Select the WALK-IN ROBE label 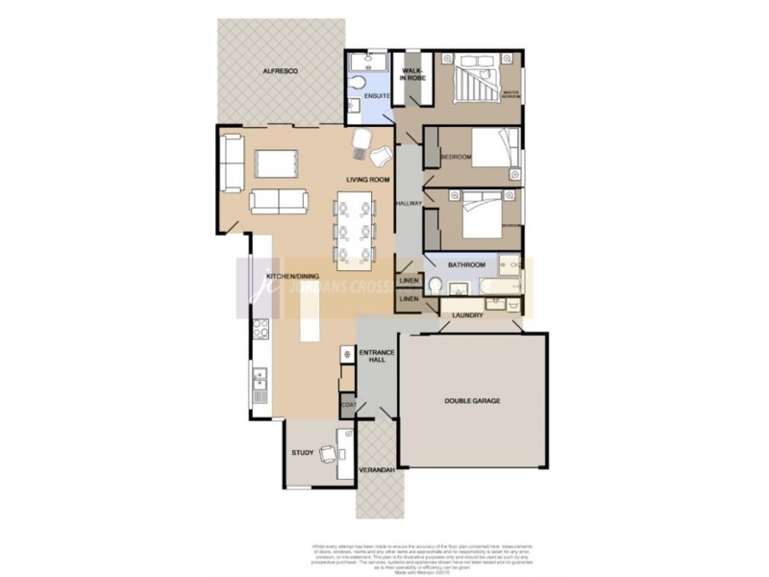click(412, 74)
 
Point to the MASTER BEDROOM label click(510, 94)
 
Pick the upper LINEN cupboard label click(409, 282)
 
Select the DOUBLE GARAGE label click(472, 400)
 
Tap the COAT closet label click(347, 407)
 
